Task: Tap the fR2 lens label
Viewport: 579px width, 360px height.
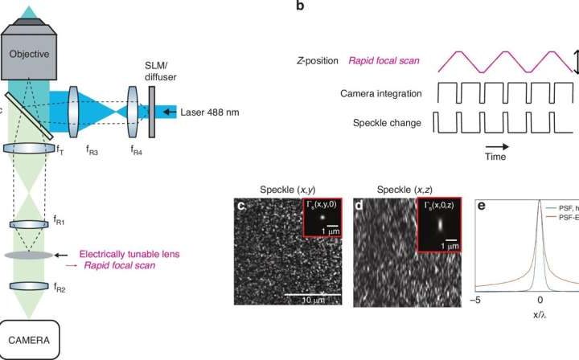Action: tap(61, 286)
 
